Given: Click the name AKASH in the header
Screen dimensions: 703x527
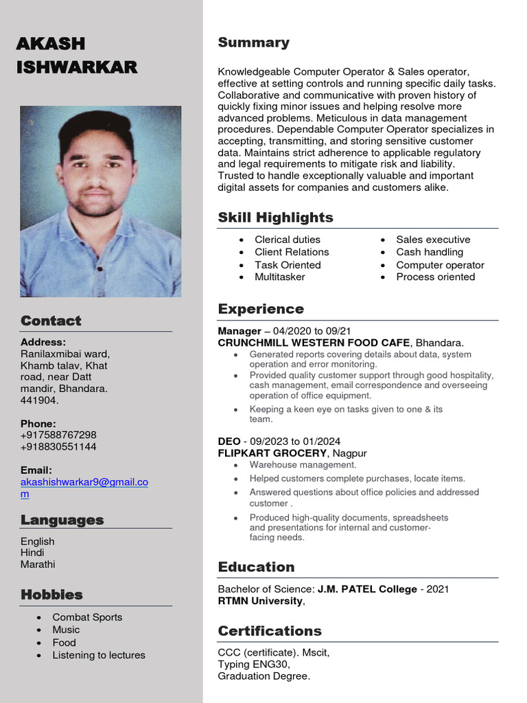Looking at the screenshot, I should pos(51,43).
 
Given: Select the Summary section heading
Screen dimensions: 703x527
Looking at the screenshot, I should pos(253,43).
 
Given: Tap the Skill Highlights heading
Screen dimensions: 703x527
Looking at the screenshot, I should pos(275,218).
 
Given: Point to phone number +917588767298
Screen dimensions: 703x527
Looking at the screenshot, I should pos(58,435).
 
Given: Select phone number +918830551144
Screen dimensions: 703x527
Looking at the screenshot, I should pos(58,447).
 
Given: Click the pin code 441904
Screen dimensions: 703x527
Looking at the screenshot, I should pos(39,400).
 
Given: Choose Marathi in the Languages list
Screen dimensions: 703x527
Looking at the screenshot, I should pos(38,564).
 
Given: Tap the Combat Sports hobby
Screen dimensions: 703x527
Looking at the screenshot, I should pos(87,617).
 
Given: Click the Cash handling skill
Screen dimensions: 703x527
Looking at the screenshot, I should pos(429,252).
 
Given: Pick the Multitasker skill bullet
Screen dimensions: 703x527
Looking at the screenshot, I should pos(279,277).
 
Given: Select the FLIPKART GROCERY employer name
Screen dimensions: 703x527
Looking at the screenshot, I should pos(272,453).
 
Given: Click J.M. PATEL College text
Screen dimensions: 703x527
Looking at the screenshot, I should pos(366,589).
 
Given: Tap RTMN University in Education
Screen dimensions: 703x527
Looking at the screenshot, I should pos(260,601).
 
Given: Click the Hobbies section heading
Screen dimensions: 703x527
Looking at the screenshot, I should pos(51,595).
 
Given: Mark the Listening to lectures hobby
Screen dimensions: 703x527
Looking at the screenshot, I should pos(99,655).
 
